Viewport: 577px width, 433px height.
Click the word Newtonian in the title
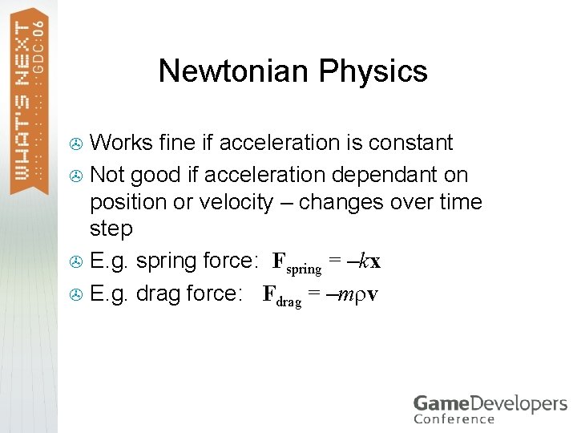click(x=234, y=71)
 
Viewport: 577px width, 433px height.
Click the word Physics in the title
click(x=373, y=71)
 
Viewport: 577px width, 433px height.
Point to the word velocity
click(x=232, y=202)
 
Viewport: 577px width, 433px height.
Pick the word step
click(x=111, y=229)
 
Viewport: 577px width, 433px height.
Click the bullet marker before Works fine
click(x=79, y=144)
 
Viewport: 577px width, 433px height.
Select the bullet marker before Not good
click(x=79, y=175)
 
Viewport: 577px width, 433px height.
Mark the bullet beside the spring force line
click(x=79, y=262)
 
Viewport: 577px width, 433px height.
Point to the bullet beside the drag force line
click(x=79, y=295)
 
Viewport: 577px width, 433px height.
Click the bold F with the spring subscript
click(x=280, y=261)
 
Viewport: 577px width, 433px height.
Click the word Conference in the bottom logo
click(x=454, y=418)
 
